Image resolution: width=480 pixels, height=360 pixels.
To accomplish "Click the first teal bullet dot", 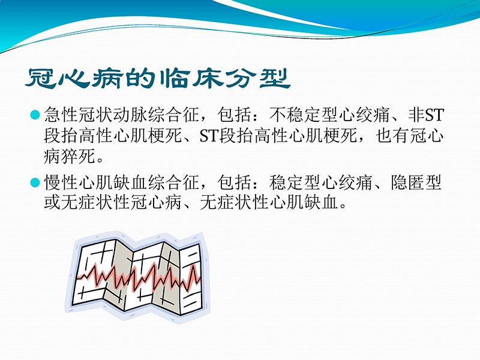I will click(x=34, y=114).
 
